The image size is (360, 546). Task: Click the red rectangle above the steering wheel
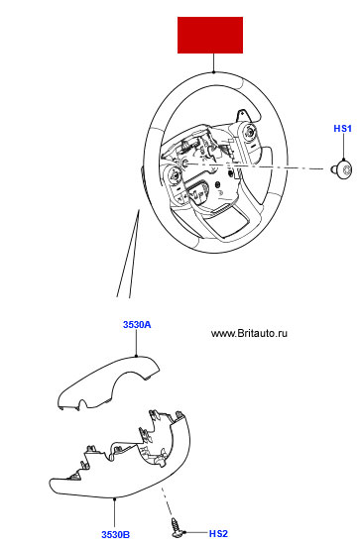[x=210, y=35]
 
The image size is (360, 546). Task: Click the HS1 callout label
[x=342, y=129]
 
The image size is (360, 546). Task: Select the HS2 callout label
[x=218, y=533]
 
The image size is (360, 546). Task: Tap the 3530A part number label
[x=137, y=325]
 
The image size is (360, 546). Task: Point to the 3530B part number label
[x=116, y=534]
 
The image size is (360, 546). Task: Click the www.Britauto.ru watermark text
[x=249, y=333]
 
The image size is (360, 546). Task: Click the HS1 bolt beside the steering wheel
[x=341, y=169]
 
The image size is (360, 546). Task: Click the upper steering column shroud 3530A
[x=108, y=382]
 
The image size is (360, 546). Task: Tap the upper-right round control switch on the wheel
[x=249, y=132]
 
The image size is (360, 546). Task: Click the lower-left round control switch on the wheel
[x=174, y=174]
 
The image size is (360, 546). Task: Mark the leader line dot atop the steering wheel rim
[x=213, y=72]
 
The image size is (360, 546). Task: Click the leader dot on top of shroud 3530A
[x=136, y=356]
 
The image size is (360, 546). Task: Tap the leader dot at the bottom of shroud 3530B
[x=115, y=498]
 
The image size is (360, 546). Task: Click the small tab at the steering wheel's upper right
[x=242, y=116]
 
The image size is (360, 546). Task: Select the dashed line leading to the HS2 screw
[x=167, y=502]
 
